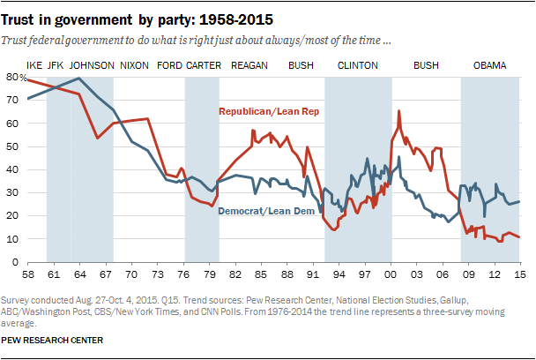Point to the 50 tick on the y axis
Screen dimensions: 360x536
12,146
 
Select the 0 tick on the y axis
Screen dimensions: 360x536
15,262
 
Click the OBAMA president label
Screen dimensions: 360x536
490,65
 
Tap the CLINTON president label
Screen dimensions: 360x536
358,65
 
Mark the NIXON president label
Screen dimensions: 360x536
133,65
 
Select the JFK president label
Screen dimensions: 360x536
55,65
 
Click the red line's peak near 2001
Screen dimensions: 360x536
399,111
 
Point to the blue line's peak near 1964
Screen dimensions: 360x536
80,78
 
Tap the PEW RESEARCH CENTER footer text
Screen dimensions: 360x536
54,340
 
